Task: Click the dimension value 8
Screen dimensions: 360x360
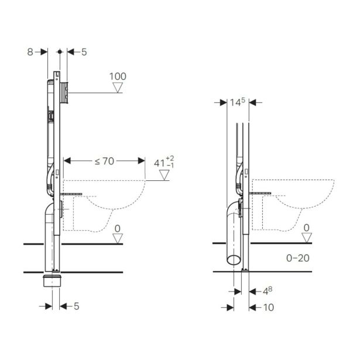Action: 30,52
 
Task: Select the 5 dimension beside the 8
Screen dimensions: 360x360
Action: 84,52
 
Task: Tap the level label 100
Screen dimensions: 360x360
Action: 118,76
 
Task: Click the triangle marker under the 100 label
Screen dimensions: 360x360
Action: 118,88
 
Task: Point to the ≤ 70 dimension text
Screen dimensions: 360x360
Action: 104,160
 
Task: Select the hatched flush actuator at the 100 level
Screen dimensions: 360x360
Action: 65,91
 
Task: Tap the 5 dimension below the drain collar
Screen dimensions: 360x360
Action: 76,306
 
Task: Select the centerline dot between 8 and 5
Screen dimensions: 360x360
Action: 61,52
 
